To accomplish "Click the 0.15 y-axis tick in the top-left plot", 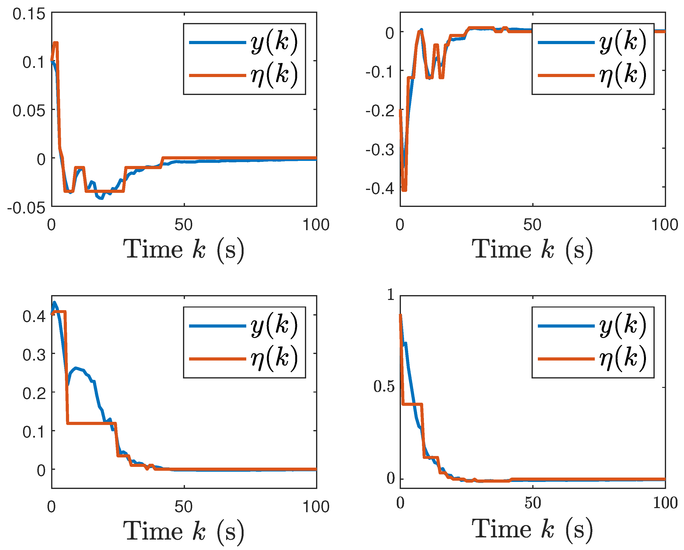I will point(29,15).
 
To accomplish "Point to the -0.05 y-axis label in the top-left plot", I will point(26,208).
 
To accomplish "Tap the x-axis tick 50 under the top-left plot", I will point(183,225).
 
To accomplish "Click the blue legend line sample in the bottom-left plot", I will point(217,326).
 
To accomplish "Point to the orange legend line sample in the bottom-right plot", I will point(566,359).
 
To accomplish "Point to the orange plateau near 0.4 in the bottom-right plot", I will point(412,404).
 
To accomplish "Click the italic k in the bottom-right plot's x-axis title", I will point(547,529).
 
